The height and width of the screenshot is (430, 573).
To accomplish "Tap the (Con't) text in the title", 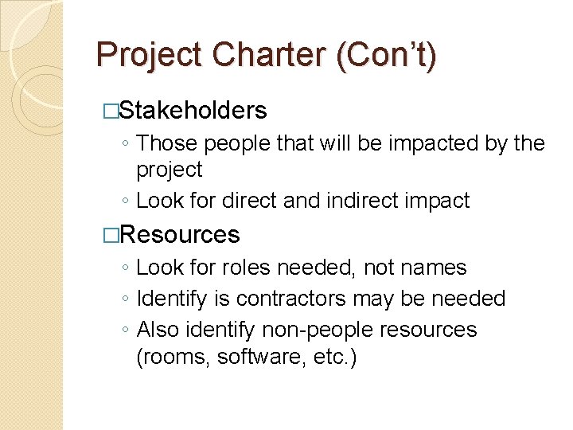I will click(x=386, y=55).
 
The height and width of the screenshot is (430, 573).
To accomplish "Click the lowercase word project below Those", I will click(x=170, y=170).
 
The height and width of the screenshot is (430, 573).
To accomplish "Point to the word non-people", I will click(x=299, y=329).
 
